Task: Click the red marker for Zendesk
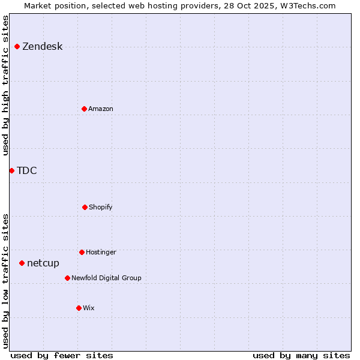(x=17, y=46)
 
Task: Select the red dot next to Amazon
(x=84, y=109)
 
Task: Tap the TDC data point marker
(x=11, y=170)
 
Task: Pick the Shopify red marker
(x=85, y=207)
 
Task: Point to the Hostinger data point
(x=82, y=252)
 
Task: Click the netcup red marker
(x=22, y=263)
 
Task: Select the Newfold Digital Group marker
(x=67, y=278)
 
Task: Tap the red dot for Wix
(x=79, y=308)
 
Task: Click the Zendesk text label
(x=42, y=47)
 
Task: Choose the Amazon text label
(x=101, y=109)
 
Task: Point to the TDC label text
(x=27, y=171)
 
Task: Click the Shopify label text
(x=101, y=207)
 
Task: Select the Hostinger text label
(x=101, y=252)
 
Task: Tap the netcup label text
(x=43, y=263)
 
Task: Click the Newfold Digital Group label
(x=106, y=278)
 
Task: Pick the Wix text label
(x=89, y=308)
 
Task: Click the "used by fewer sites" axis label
(x=62, y=355)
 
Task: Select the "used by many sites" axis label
(x=301, y=355)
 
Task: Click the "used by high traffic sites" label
(x=6, y=85)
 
